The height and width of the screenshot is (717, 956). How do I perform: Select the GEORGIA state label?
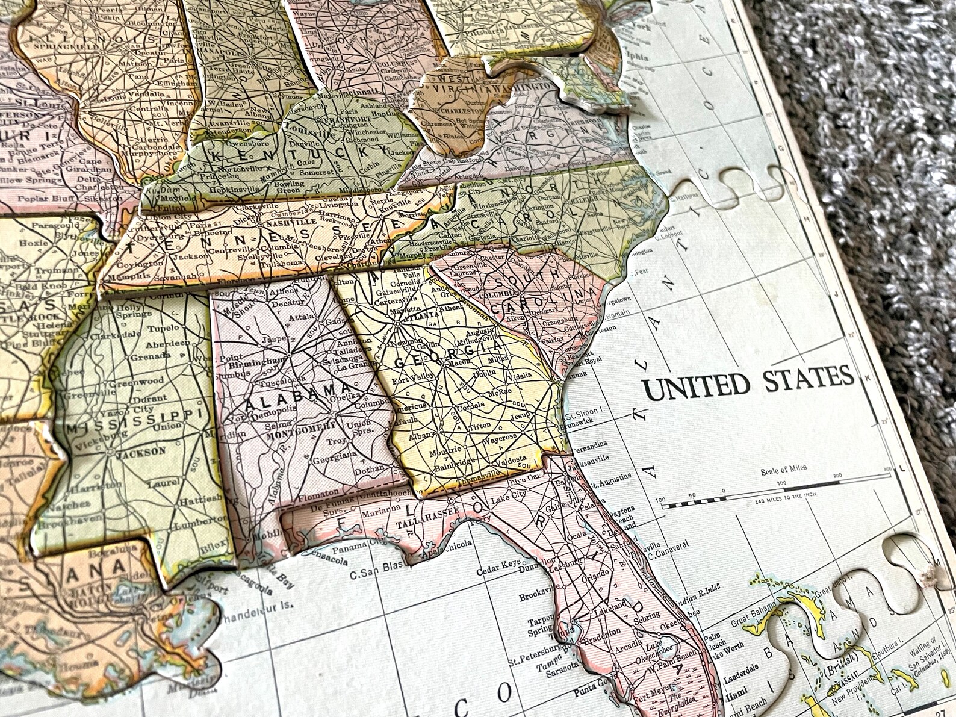pos(448,355)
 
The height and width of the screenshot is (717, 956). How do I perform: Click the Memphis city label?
pos(126,272)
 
